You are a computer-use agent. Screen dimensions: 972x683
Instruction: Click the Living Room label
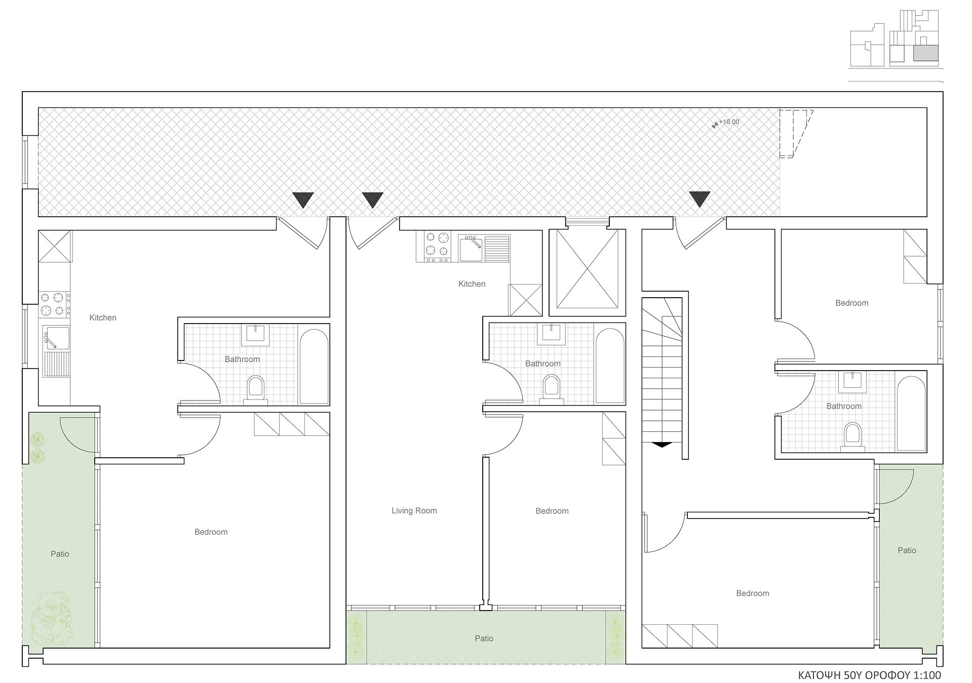coord(414,511)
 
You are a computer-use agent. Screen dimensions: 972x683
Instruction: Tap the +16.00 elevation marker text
coord(728,122)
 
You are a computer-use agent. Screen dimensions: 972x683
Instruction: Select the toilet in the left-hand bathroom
coord(255,390)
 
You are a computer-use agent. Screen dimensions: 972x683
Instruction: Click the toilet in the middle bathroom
coord(551,390)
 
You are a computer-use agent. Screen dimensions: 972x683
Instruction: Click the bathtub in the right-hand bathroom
coord(911,414)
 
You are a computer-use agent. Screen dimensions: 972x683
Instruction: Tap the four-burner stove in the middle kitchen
coord(437,247)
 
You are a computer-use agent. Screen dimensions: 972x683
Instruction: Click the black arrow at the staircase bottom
coord(662,445)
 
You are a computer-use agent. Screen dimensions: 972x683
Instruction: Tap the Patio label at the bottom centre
coord(484,638)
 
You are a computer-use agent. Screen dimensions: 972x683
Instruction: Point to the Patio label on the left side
coord(60,554)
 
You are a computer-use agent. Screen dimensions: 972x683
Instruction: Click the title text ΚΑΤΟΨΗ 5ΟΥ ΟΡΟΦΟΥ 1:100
coord(869,675)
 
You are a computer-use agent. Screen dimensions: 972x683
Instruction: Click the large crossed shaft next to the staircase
coord(588,269)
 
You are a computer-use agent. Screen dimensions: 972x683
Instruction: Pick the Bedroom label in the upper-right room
coord(851,303)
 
